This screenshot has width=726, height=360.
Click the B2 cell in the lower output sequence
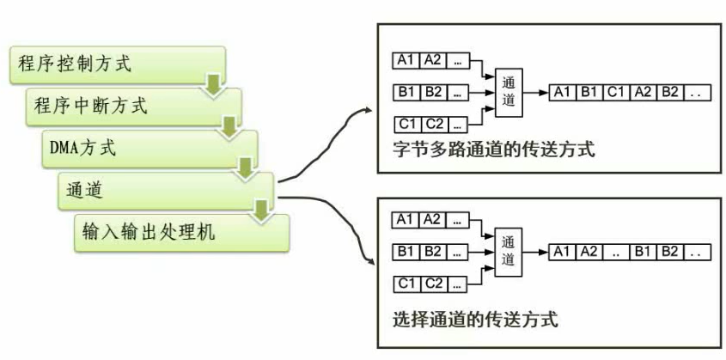(671, 252)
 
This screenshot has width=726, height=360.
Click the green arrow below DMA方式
(245, 168)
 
